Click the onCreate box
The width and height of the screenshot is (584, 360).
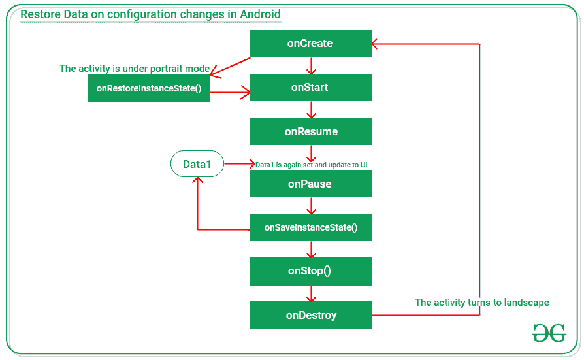tap(311, 44)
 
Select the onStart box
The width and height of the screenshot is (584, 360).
tap(311, 88)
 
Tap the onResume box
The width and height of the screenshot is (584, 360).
tap(311, 131)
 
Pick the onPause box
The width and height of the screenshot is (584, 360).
tap(311, 184)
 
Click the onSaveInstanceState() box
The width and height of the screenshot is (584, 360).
tap(311, 227)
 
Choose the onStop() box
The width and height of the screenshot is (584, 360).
tap(311, 271)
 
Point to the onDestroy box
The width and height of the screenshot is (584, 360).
tap(311, 315)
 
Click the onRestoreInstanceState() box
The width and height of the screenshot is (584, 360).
tap(149, 88)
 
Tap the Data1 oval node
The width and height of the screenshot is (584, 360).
tap(197, 164)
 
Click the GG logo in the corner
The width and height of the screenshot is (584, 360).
tap(548, 333)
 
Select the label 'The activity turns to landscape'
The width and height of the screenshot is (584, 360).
tap(482, 303)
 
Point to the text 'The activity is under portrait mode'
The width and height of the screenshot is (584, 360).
tap(135, 69)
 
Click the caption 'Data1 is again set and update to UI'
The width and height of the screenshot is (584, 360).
tap(316, 165)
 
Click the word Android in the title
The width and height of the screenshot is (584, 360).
tap(258, 14)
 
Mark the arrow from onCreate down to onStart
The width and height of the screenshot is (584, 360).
tap(311, 65)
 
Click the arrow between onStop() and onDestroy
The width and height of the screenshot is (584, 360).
tap(311, 293)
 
